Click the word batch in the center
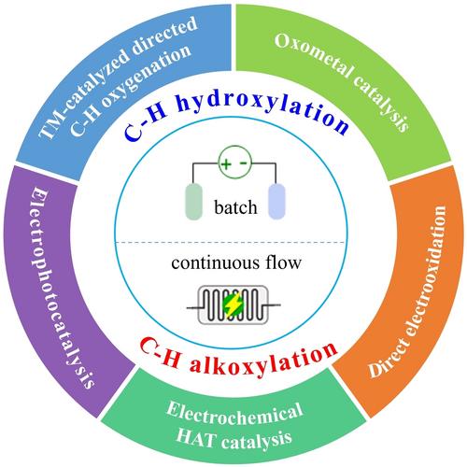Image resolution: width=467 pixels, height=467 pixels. pos(235,207)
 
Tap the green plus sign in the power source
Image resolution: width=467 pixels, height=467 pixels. pos(226,163)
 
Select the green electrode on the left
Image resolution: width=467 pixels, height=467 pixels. pos(194,202)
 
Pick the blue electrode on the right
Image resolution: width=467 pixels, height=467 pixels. pos(276,202)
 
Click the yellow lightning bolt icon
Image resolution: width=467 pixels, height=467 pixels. pos(234,304)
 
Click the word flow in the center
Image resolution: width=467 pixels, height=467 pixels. pos(283,262)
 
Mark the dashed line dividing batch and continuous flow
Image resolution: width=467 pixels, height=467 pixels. pos(231,242)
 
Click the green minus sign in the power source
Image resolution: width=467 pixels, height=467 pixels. pos(245,163)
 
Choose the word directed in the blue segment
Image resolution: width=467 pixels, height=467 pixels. pos(165,38)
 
